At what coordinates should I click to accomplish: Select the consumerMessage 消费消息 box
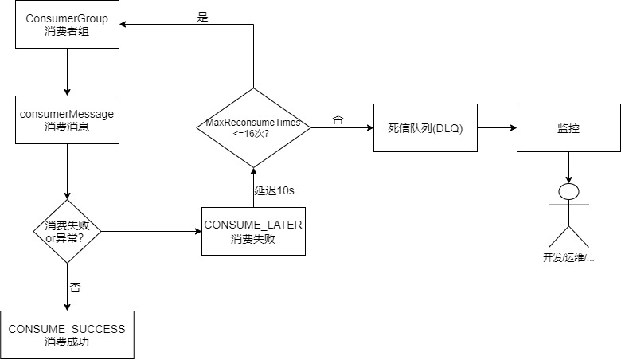click(x=68, y=120)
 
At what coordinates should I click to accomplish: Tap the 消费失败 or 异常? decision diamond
click(x=68, y=231)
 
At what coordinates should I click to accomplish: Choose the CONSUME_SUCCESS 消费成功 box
click(x=68, y=334)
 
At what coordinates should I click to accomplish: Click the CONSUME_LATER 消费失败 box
click(x=253, y=231)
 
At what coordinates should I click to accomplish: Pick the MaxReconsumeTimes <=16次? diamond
click(x=253, y=127)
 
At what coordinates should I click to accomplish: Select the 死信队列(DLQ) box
click(x=426, y=127)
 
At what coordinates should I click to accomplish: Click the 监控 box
click(x=568, y=127)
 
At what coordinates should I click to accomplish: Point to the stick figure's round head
click(x=568, y=193)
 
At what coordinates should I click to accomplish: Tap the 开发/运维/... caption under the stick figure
click(x=568, y=258)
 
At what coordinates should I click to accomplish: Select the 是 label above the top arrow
click(x=202, y=15)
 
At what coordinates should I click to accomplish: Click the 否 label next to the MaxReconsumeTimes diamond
click(x=338, y=118)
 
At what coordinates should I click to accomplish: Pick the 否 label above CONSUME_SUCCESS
click(x=75, y=287)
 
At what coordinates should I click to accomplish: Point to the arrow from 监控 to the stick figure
click(x=568, y=167)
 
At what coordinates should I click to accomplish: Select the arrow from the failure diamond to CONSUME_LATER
click(x=151, y=231)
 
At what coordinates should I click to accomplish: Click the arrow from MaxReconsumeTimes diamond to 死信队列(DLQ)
click(x=342, y=127)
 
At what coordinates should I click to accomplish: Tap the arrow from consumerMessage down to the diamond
click(x=68, y=171)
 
